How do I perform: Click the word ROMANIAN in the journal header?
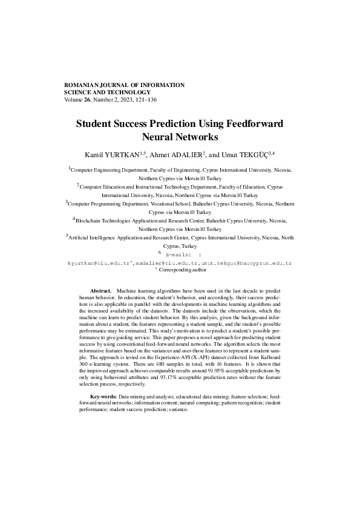pyautogui.click(x=82, y=85)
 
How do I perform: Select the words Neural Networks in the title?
pyautogui.click(x=179, y=137)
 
